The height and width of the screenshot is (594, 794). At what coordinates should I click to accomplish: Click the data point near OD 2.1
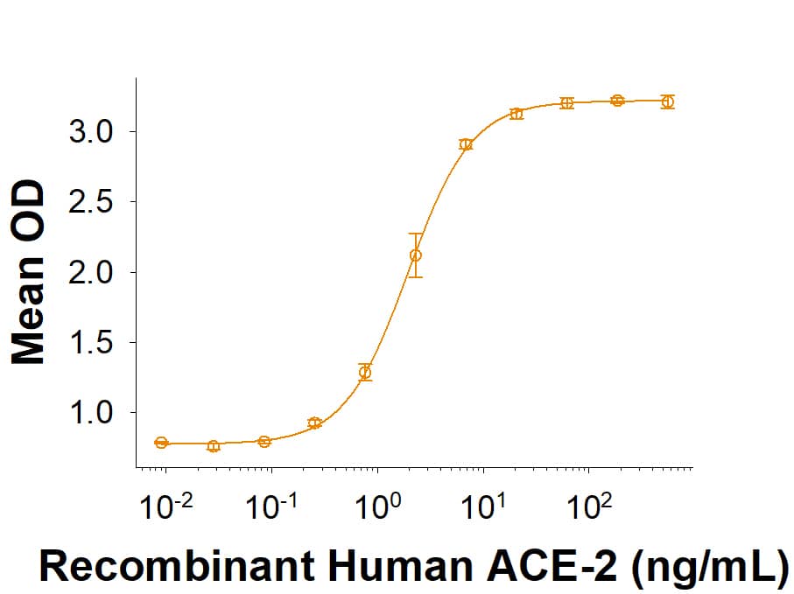pos(415,255)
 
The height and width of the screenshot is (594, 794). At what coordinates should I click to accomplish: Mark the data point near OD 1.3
pos(365,373)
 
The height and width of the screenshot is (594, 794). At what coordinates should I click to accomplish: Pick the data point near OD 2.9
pos(466,144)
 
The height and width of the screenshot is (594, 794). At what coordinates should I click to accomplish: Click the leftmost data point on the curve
pos(161,443)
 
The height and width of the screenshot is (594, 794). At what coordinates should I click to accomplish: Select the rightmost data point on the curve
pos(668,101)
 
